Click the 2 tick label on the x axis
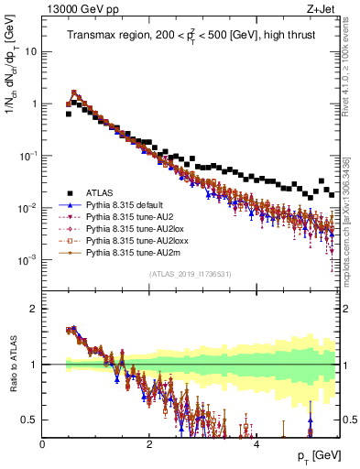149,443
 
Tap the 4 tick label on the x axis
256,443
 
